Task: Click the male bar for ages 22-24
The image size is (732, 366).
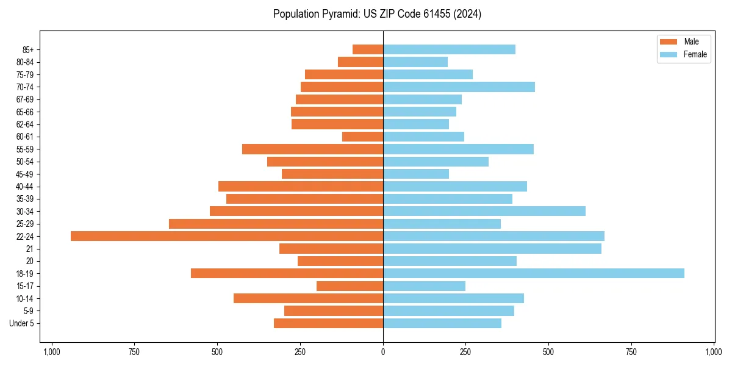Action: [227, 236]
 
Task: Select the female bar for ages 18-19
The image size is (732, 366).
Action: [534, 273]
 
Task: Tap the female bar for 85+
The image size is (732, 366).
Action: [449, 49]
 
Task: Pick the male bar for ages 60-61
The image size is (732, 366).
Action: [362, 137]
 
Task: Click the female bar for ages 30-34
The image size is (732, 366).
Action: [484, 211]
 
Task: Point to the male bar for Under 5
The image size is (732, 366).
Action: [328, 323]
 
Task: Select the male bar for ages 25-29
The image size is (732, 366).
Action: [276, 224]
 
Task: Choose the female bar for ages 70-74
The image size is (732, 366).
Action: [459, 87]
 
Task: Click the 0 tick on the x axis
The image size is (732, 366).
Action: [383, 352]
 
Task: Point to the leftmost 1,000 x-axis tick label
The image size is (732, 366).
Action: [51, 352]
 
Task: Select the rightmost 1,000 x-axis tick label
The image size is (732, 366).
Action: [714, 352]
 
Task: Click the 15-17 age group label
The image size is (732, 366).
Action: [25, 286]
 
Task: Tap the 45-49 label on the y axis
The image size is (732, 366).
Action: [25, 174]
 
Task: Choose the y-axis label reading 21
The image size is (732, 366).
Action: [30, 249]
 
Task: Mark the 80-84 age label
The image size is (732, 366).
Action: [25, 62]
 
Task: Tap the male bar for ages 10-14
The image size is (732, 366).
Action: [308, 298]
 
